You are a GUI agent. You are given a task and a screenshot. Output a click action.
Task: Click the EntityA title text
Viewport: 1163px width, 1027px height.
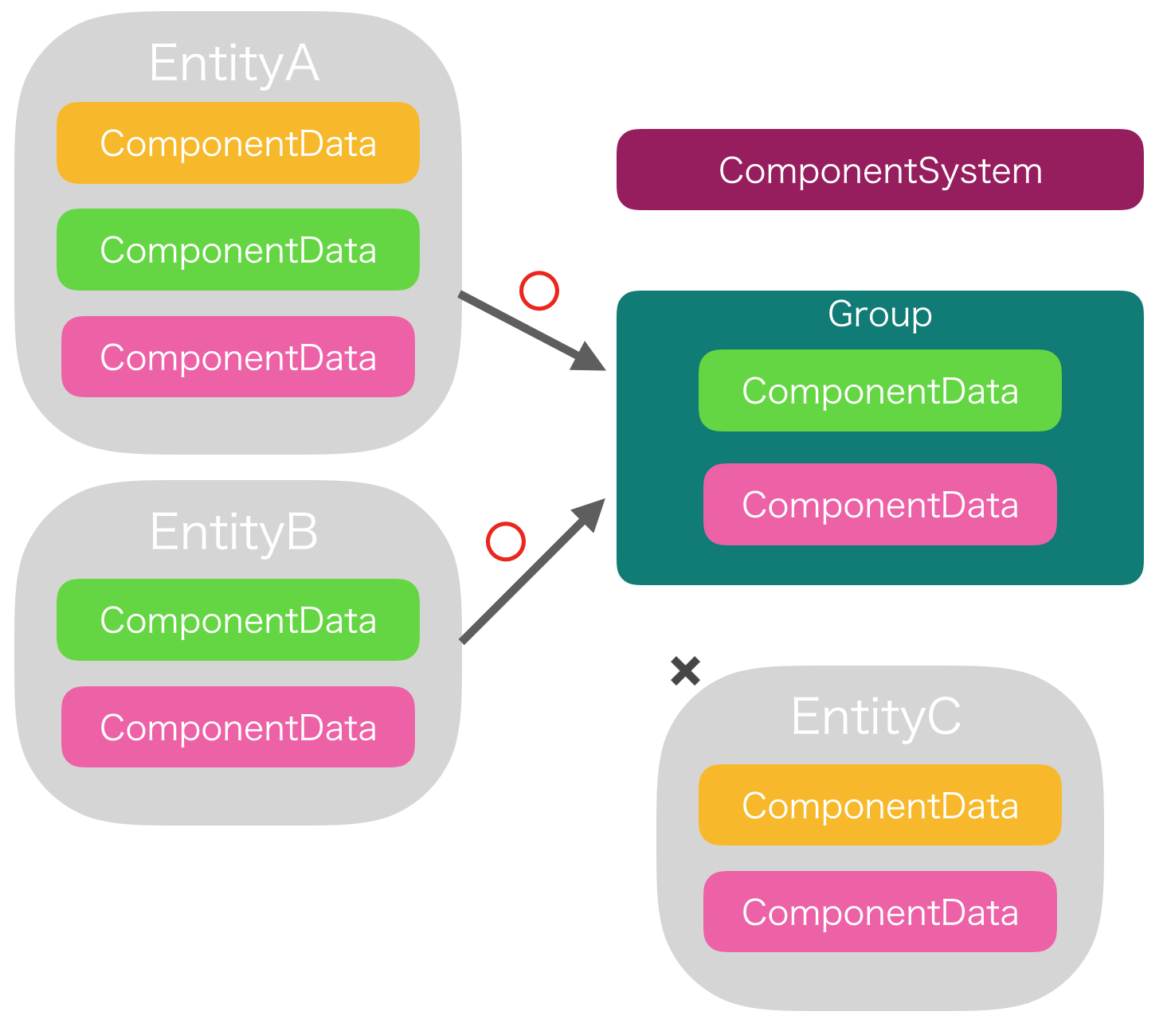click(233, 64)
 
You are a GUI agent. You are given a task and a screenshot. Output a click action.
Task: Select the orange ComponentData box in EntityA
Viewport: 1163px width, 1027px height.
click(237, 143)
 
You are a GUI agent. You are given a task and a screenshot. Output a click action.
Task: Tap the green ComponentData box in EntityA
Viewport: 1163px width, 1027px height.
click(237, 250)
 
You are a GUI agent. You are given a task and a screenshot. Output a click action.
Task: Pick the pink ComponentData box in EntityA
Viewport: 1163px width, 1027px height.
click(237, 357)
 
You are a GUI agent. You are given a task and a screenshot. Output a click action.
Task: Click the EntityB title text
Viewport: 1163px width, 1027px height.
click(233, 532)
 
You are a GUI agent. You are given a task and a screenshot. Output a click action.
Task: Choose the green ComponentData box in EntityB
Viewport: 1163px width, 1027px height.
click(237, 620)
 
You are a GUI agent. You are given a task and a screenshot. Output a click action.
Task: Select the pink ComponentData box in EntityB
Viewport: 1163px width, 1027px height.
click(237, 727)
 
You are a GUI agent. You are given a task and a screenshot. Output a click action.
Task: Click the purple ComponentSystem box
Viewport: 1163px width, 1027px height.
click(879, 170)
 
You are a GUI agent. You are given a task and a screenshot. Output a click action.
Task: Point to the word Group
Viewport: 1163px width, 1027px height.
click(879, 314)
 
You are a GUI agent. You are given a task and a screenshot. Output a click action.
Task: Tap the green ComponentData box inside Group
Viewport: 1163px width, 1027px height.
click(879, 391)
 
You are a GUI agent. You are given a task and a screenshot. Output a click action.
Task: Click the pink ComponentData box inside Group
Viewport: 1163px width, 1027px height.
click(879, 505)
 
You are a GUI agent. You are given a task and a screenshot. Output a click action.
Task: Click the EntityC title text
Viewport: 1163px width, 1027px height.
click(875, 717)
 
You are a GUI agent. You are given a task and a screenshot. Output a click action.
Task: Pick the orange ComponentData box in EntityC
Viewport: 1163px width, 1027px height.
click(879, 805)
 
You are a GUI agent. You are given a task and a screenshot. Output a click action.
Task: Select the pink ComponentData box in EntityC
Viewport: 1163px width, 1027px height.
click(879, 912)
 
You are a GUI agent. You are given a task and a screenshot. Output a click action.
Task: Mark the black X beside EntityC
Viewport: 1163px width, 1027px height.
click(685, 671)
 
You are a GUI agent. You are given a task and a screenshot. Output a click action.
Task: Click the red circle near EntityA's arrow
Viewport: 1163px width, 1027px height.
click(539, 291)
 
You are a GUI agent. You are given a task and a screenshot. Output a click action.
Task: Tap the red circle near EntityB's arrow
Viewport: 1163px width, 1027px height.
click(506, 542)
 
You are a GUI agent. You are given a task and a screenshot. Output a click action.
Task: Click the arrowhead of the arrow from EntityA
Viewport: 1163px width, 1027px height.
click(589, 359)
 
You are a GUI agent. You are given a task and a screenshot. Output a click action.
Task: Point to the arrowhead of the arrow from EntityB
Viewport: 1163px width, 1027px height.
click(590, 513)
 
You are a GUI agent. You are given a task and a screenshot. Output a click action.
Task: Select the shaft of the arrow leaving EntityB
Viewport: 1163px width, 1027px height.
click(518, 585)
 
